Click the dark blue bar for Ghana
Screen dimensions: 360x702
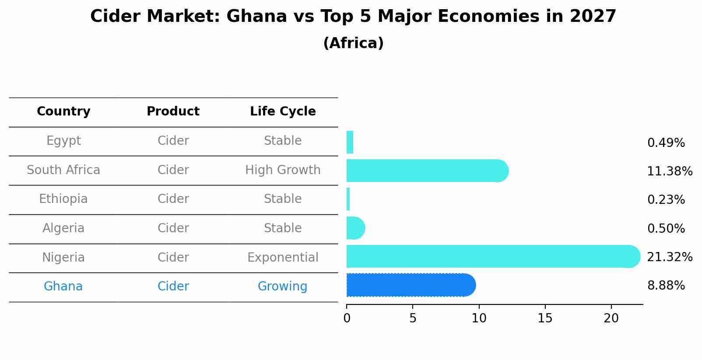411,285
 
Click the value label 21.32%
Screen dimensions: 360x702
669,257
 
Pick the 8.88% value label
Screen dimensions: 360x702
666,286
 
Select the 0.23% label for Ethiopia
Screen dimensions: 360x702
666,200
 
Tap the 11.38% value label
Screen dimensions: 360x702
669,171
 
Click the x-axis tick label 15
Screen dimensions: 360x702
545,318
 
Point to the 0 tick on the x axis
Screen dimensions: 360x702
347,318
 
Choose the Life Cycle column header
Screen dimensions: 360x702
283,112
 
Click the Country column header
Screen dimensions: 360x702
63,112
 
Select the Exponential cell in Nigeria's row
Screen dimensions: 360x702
283,257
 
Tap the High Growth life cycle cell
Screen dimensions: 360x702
283,170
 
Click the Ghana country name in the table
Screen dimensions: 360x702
63,287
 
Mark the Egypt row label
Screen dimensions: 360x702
63,141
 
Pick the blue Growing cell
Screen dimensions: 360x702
282,287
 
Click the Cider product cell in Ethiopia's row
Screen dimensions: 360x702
173,199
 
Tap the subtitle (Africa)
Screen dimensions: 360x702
353,43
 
